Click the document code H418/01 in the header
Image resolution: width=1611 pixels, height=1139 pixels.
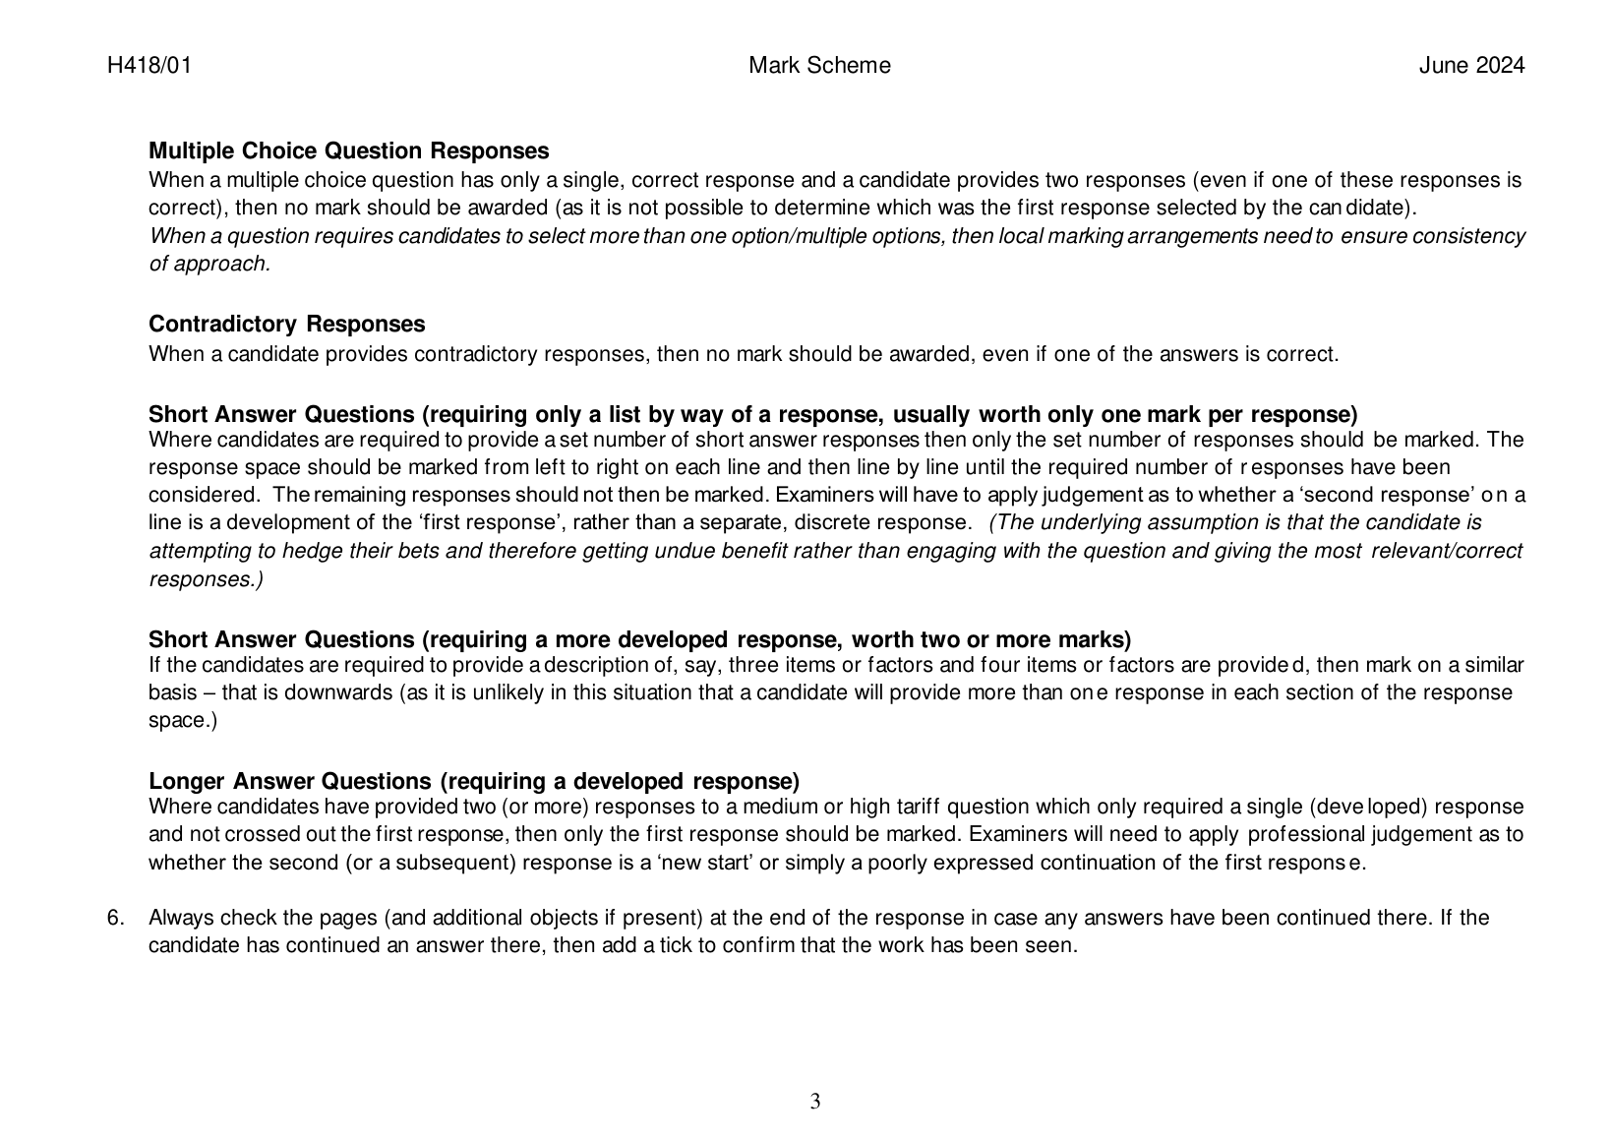149,66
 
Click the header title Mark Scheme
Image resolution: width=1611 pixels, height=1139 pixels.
819,66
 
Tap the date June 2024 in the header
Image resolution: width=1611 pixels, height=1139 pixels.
1471,66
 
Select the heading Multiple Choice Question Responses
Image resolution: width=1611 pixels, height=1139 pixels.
348,151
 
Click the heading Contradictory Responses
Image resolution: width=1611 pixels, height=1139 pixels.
286,325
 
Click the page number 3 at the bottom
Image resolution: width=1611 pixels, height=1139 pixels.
815,1102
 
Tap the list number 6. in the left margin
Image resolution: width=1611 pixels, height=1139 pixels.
116,919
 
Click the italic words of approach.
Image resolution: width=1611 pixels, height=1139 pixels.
209,264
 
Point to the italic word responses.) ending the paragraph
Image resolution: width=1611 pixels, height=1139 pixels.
206,579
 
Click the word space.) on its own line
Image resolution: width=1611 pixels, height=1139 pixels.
183,721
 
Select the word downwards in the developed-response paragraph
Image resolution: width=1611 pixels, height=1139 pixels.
339,692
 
